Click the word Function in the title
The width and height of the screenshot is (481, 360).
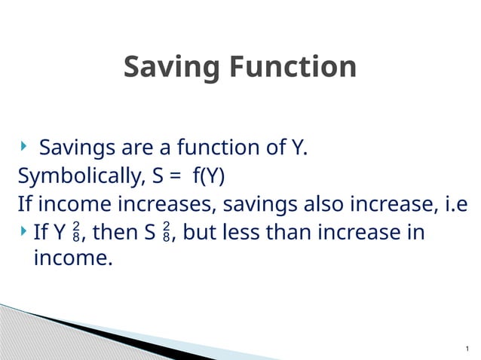click(292, 68)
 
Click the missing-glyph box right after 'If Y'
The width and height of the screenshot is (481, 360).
click(76, 233)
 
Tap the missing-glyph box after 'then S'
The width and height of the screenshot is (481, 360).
click(167, 233)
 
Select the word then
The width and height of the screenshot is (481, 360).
click(115, 233)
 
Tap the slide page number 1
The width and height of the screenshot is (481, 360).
click(467, 348)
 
